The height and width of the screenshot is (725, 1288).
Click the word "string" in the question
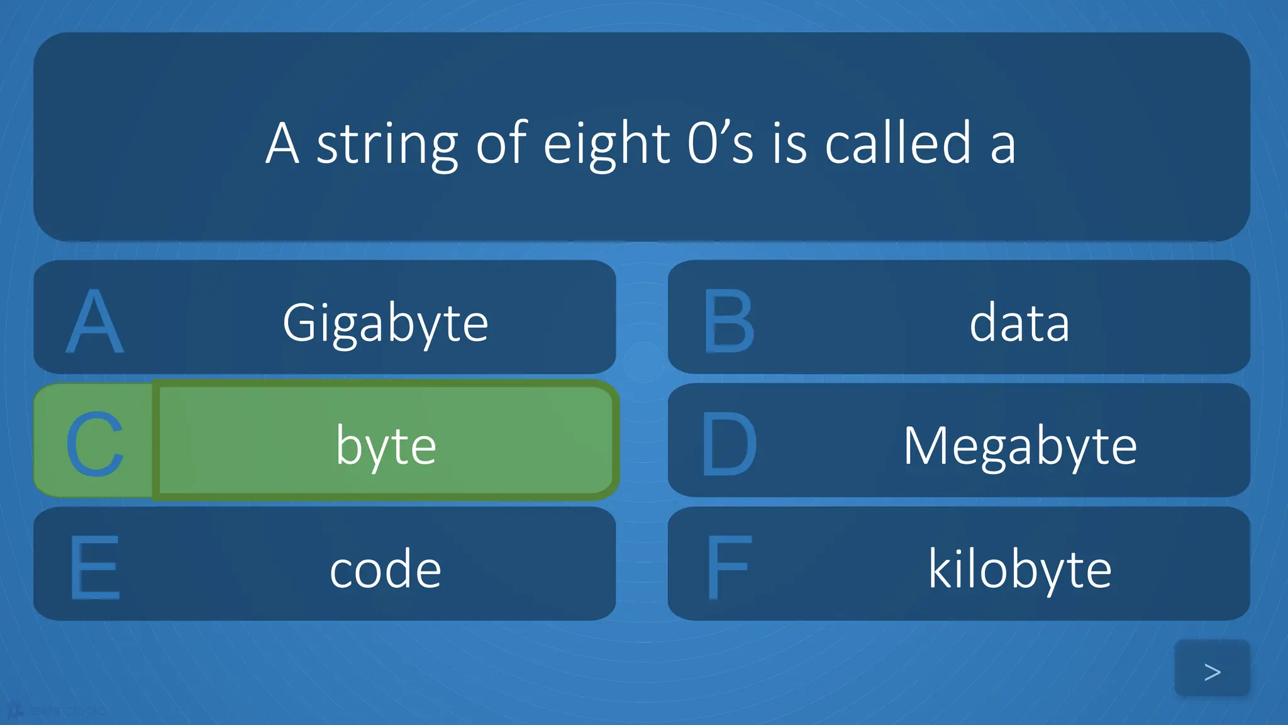click(x=386, y=145)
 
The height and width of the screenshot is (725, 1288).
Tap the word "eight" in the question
click(x=606, y=145)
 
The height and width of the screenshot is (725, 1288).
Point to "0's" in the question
click(x=719, y=143)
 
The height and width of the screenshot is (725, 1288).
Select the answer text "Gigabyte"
click(x=385, y=323)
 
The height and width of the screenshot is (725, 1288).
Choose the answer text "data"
click(x=1019, y=322)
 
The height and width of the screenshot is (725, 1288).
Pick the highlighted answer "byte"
click(x=386, y=446)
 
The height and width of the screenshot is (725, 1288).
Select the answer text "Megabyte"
click(x=1019, y=446)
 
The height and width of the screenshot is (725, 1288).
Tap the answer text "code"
click(x=385, y=569)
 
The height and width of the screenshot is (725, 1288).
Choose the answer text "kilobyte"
click(x=1019, y=569)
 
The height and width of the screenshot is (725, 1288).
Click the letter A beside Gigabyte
click(x=94, y=321)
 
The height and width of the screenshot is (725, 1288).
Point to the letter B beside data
click(x=728, y=321)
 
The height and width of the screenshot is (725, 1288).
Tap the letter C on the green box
click(x=94, y=444)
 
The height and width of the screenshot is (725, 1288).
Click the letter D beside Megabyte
click(x=728, y=444)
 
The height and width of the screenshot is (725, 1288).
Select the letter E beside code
click(x=94, y=567)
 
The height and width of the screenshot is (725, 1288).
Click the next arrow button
click(x=1212, y=671)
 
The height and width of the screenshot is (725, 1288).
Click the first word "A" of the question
click(x=281, y=143)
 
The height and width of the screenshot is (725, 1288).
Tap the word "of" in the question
click(x=501, y=143)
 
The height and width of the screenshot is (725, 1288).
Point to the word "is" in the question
click(x=789, y=143)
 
